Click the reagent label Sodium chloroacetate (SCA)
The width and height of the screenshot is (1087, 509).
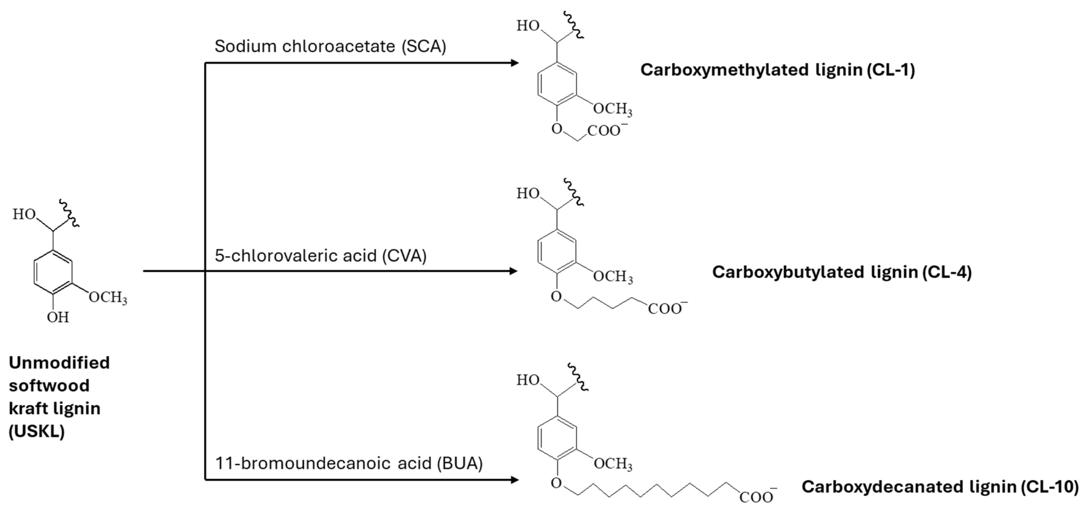330,46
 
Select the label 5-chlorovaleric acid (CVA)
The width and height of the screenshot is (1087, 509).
321,256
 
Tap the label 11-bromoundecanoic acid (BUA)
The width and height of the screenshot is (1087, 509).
349,463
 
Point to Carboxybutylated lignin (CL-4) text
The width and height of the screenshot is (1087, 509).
842,272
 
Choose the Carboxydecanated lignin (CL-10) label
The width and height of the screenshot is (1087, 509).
940,487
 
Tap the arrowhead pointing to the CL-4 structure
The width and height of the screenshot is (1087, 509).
513,271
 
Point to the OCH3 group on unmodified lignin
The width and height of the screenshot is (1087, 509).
108,297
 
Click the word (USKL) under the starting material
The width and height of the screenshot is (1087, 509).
37,431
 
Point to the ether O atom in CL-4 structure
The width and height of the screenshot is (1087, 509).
556,297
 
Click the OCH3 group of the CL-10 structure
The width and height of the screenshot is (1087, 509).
613,464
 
